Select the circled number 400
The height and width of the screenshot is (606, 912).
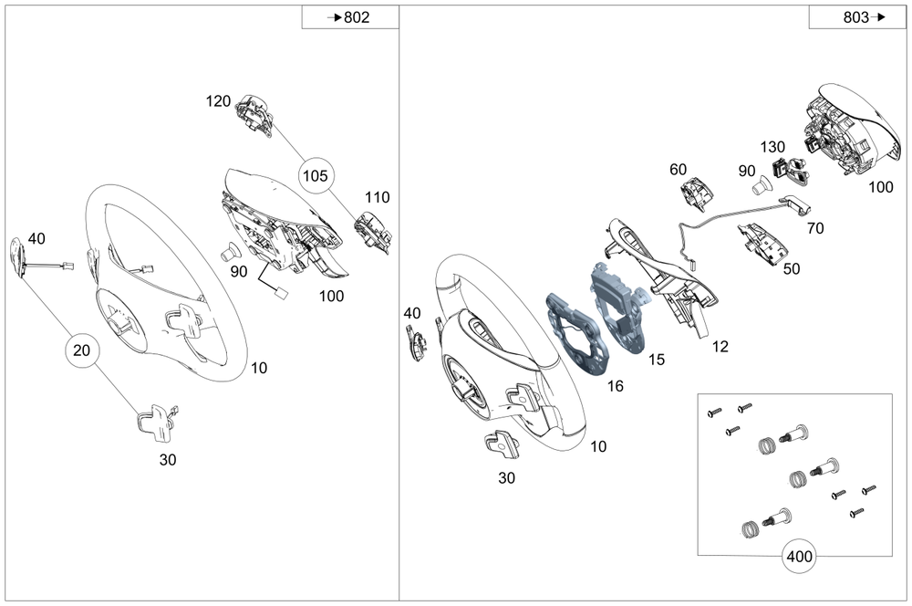pyautogui.click(x=798, y=554)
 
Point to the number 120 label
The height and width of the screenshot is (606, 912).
pyautogui.click(x=218, y=101)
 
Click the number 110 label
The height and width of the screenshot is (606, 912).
pyautogui.click(x=377, y=197)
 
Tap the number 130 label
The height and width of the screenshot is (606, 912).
pyautogui.click(x=772, y=147)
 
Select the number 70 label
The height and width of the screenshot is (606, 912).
pyautogui.click(x=814, y=228)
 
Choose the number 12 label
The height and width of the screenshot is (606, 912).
pyautogui.click(x=720, y=346)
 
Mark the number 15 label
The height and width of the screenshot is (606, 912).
pyautogui.click(x=656, y=360)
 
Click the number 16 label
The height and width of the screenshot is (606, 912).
pyautogui.click(x=616, y=386)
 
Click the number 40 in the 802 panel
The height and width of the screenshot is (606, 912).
pyautogui.click(x=36, y=238)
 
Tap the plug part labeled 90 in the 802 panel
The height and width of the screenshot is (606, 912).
pyautogui.click(x=231, y=251)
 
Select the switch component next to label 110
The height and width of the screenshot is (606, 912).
pyautogui.click(x=373, y=229)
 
